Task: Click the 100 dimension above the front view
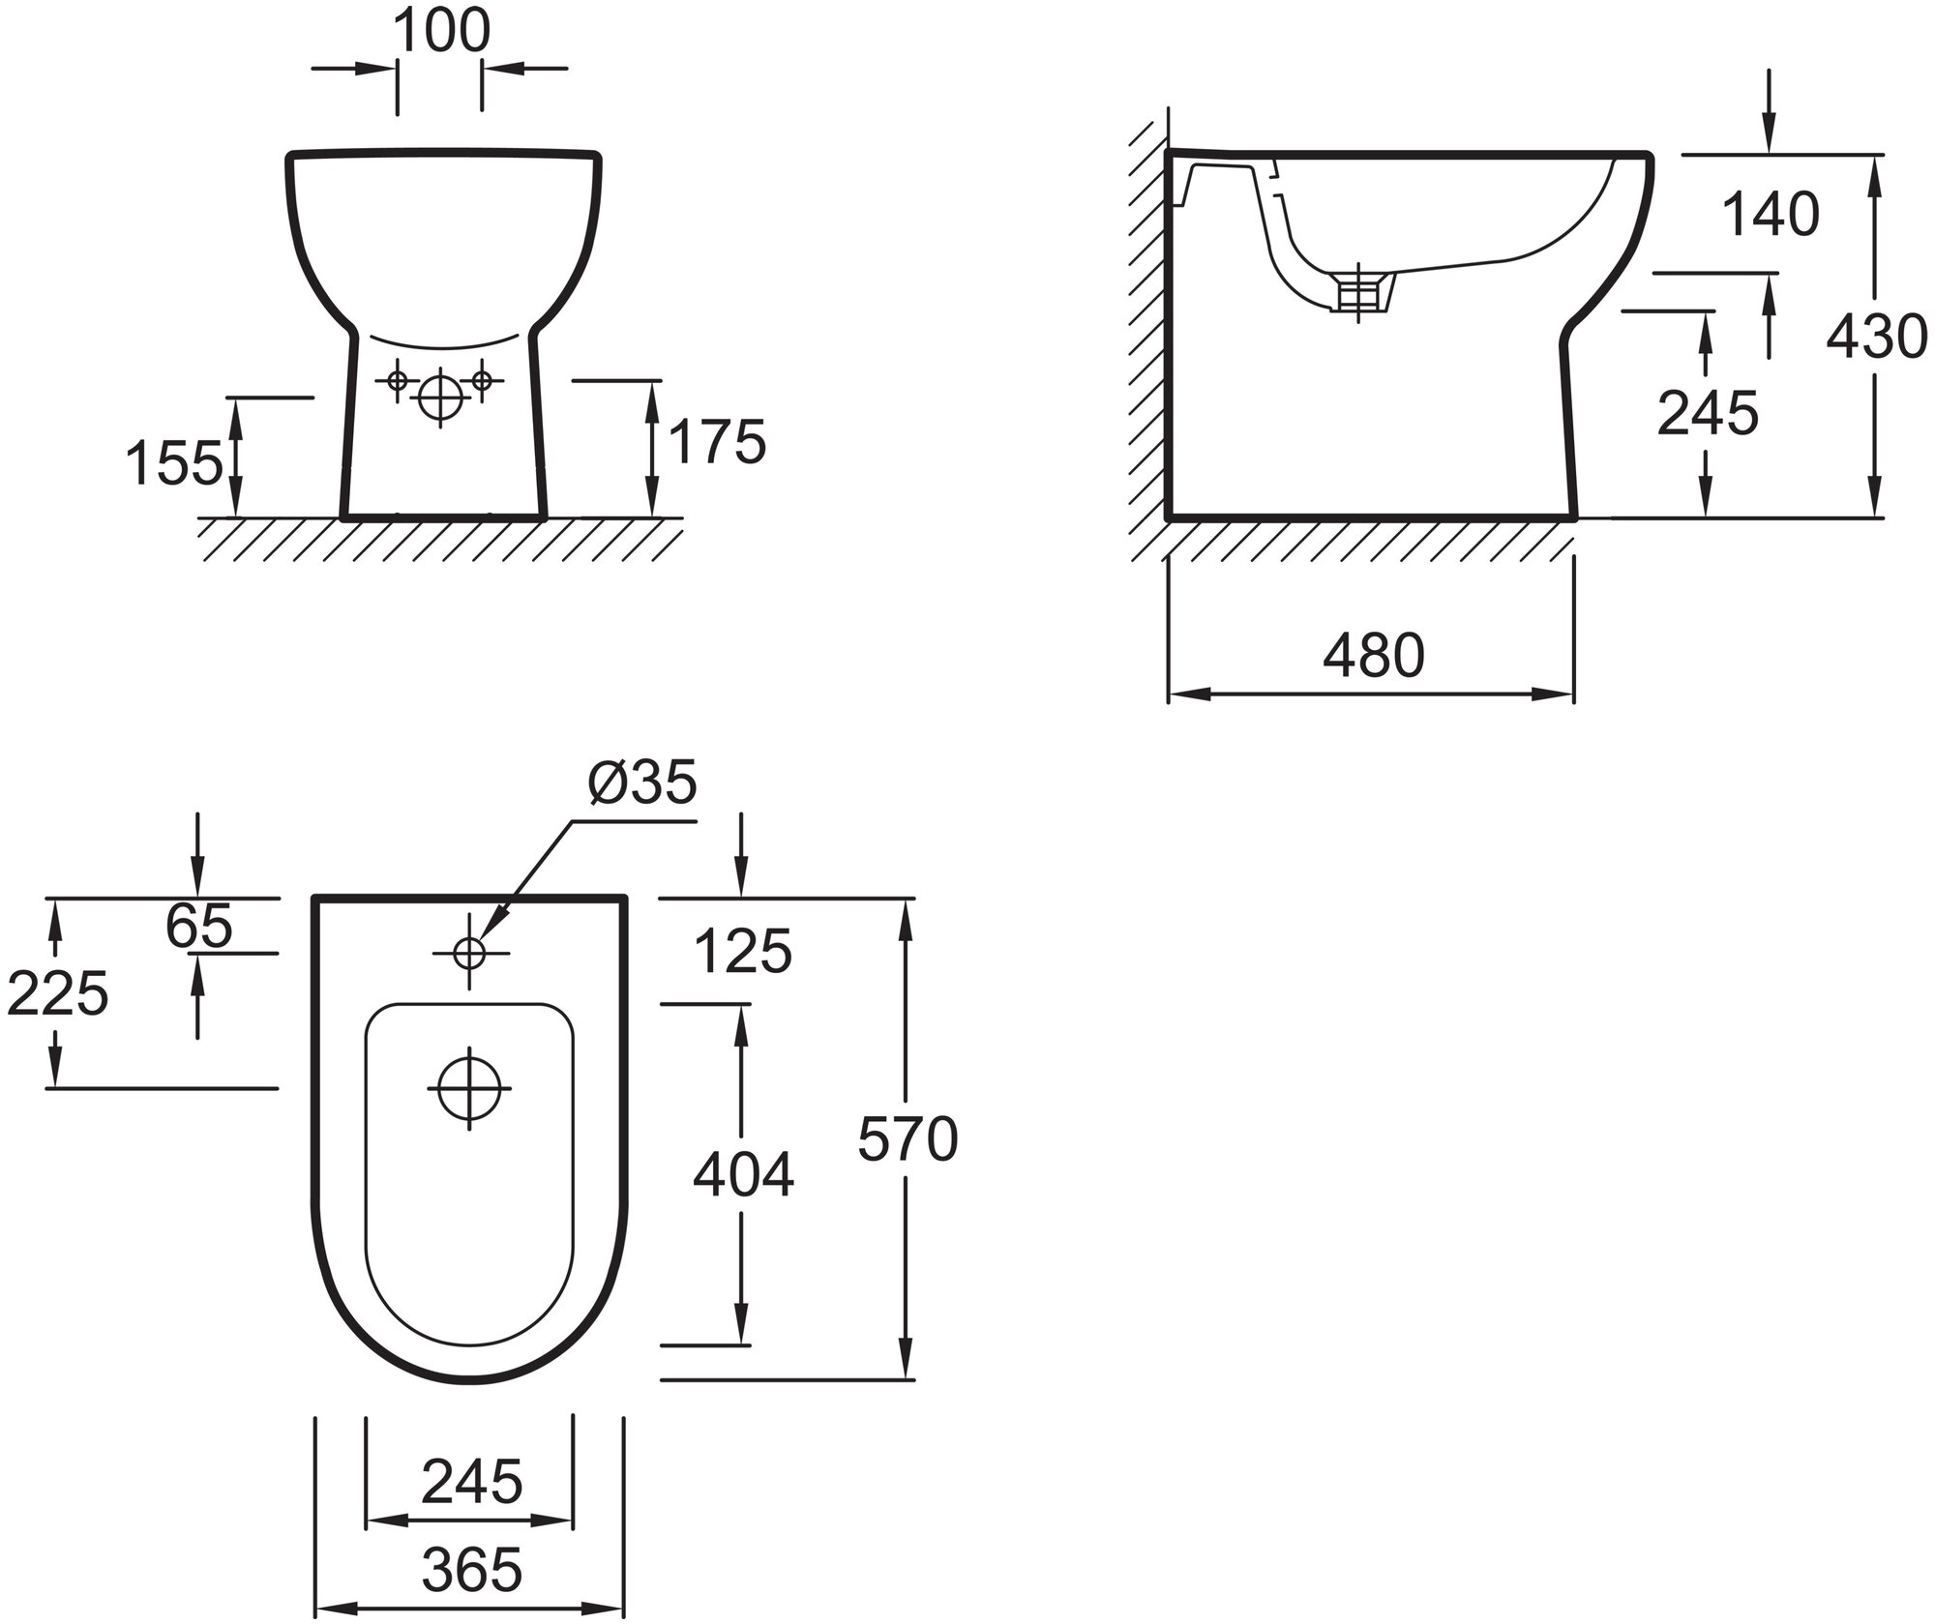pyautogui.click(x=441, y=32)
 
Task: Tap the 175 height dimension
pyautogui.click(x=717, y=442)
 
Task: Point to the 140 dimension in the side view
pyautogui.click(x=1771, y=214)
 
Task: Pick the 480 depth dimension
pyautogui.click(x=1374, y=655)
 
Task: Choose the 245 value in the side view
pyautogui.click(x=1708, y=413)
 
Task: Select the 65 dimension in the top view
pyautogui.click(x=199, y=926)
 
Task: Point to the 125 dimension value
pyautogui.click(x=743, y=952)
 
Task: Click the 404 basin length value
pyautogui.click(x=743, y=1175)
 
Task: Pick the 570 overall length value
pyautogui.click(x=908, y=1138)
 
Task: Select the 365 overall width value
pyautogui.click(x=472, y=1569)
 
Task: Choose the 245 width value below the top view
pyautogui.click(x=472, y=1481)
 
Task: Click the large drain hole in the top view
pyautogui.click(x=469, y=1087)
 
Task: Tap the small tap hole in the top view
pyautogui.click(x=470, y=953)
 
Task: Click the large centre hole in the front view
pyautogui.click(x=440, y=396)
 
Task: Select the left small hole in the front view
pyautogui.click(x=397, y=380)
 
